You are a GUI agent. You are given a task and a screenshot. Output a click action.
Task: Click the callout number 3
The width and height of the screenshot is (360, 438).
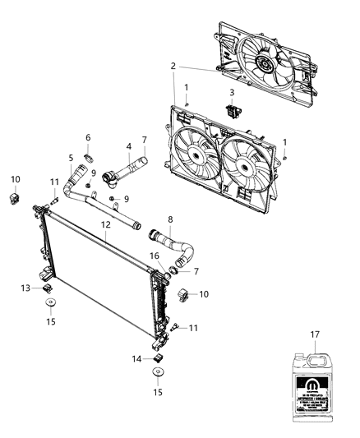pos(232,92)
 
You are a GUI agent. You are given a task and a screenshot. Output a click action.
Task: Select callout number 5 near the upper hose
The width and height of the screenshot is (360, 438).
pos(71,159)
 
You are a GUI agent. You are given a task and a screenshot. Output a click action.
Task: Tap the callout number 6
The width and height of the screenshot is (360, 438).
pos(88,137)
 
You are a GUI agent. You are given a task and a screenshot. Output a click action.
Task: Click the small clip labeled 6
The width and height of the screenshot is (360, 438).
pos(93,152)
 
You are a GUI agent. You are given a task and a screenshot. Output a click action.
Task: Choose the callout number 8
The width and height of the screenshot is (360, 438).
pos(170,219)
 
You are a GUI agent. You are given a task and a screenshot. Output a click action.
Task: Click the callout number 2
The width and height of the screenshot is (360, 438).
pos(173,66)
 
